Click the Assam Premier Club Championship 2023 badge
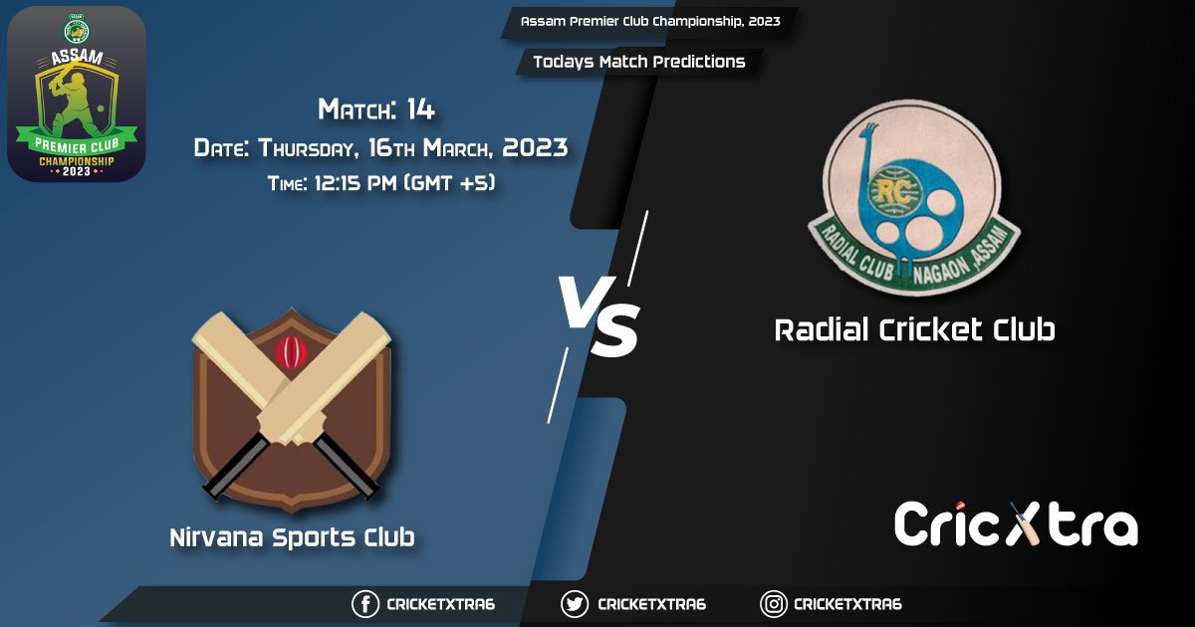click(77, 94)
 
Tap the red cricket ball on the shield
click(289, 351)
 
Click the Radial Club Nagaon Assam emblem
click(913, 199)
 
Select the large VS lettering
click(597, 316)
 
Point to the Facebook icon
click(365, 604)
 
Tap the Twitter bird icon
click(575, 604)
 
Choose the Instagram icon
click(774, 604)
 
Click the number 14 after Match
click(420, 109)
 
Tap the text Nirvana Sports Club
click(292, 538)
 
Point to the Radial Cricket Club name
click(914, 329)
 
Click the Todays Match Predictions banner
click(638, 62)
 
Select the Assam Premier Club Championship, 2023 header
click(650, 21)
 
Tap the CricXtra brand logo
click(1015, 524)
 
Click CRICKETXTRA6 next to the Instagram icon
click(847, 604)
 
